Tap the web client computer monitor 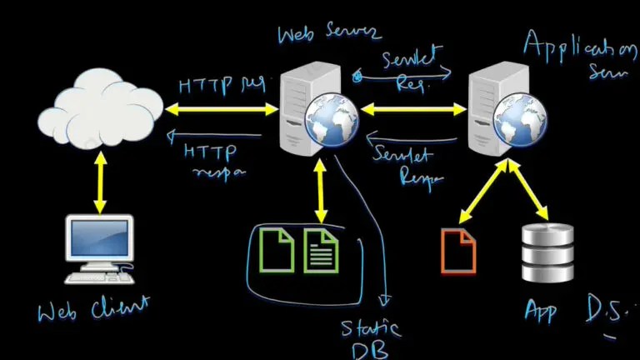click(99, 239)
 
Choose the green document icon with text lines click(321, 250)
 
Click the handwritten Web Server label click(329, 33)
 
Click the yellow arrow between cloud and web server click(221, 107)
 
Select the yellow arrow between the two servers click(412, 108)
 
